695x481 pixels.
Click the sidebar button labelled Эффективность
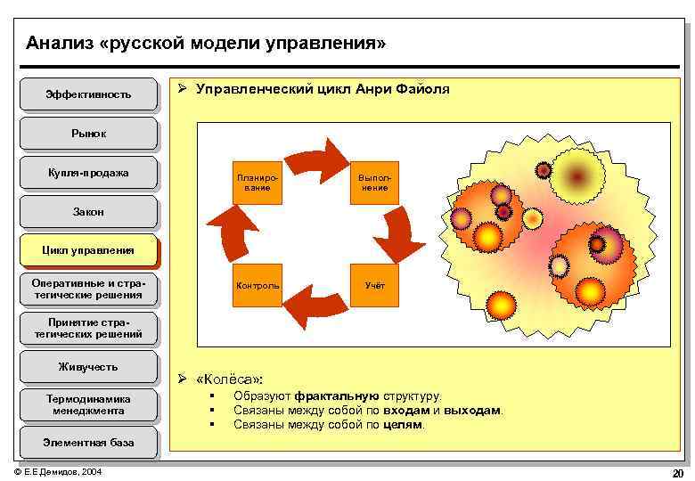point(88,94)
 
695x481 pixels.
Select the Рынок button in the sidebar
point(88,134)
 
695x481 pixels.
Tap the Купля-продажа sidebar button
point(88,173)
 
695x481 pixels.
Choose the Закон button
point(88,212)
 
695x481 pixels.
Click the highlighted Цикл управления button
point(88,250)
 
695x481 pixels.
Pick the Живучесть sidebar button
point(88,366)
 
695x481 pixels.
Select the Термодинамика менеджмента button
point(88,405)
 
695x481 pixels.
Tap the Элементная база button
point(88,442)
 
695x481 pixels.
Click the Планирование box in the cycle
point(257,183)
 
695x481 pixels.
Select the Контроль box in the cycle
point(257,286)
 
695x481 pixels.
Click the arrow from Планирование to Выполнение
point(323,159)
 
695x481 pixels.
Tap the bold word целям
point(404,424)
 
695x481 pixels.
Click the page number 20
point(677,472)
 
